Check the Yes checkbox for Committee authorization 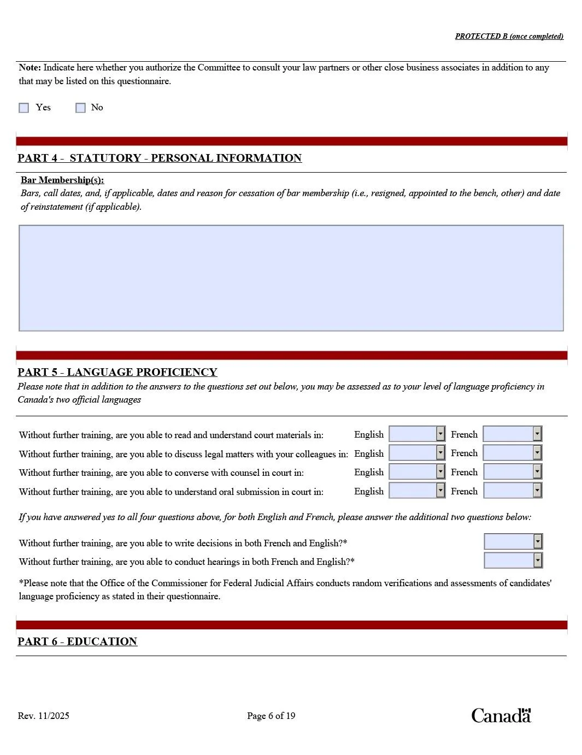pos(24,108)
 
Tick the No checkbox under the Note pos(81,108)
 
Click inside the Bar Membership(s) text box pos(291,278)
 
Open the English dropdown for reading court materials pos(417,434)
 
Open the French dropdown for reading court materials pos(512,434)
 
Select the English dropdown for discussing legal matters pos(417,453)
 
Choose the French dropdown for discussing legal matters pos(512,453)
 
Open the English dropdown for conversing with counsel pos(417,472)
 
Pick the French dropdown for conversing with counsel pos(512,472)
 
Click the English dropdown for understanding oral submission pos(417,491)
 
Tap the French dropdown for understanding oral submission pos(512,491)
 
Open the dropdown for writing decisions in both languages pos(513,542)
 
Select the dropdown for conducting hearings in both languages pos(513,561)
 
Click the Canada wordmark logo pos(501,715)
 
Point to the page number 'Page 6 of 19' pos(271,716)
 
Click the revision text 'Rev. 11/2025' pos(44,716)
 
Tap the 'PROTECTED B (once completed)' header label pos(509,37)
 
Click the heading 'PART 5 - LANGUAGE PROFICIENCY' pos(117,372)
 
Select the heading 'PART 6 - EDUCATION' pos(77,641)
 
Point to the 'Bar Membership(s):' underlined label pos(62,180)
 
